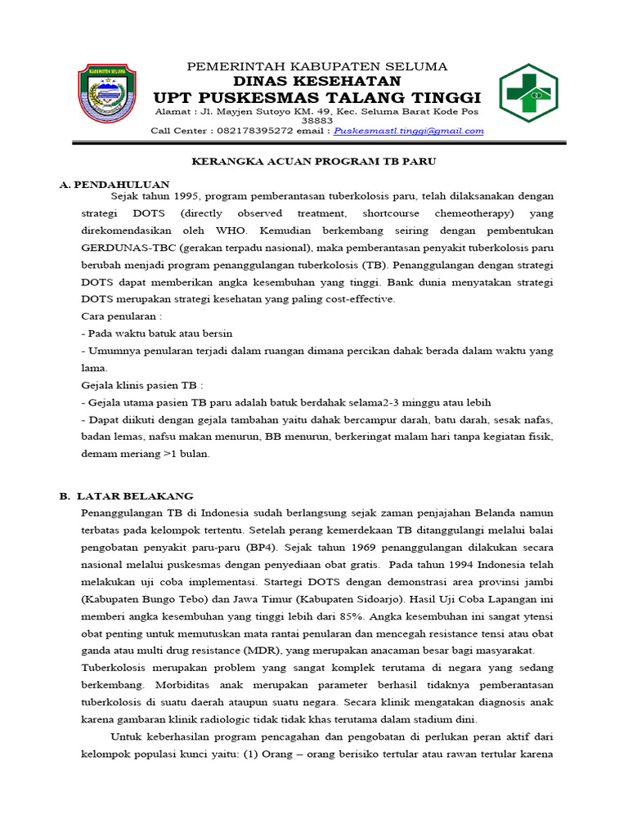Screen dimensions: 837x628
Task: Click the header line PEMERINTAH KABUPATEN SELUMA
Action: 317,66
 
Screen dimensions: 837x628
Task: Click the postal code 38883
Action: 317,120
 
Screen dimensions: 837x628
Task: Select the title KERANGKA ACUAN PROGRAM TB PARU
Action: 313,162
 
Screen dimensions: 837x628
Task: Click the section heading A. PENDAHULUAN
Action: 114,185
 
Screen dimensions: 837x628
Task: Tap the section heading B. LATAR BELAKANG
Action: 127,495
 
